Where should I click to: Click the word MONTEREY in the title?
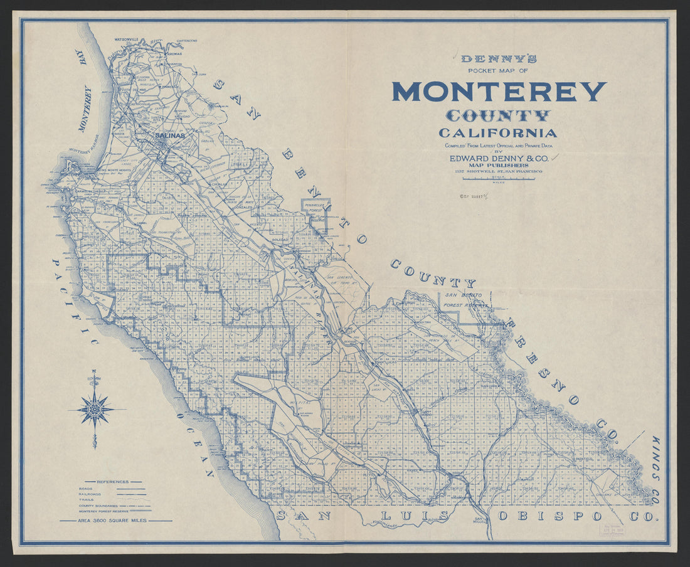click(x=499, y=92)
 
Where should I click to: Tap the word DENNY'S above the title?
click(x=499, y=60)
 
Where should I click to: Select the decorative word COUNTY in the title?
click(x=498, y=116)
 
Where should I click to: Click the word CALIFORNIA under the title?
click(x=498, y=133)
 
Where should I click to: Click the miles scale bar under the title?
click(x=499, y=179)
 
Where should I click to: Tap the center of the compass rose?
click(x=95, y=409)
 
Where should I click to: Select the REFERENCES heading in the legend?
click(x=112, y=482)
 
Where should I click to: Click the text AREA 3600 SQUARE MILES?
click(x=115, y=521)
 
